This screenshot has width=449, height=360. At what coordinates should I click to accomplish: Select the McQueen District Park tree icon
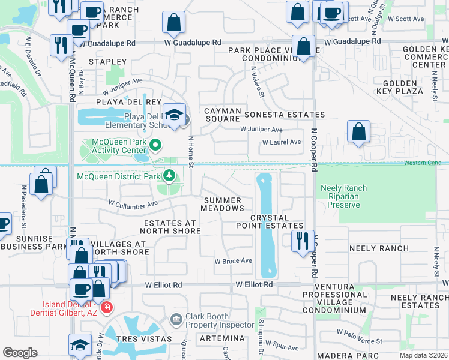point(170,176)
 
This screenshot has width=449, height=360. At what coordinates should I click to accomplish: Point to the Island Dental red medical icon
point(106,308)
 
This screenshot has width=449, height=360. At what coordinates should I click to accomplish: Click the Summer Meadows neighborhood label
point(223,204)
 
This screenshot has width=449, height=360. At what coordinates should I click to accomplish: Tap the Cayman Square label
point(222,115)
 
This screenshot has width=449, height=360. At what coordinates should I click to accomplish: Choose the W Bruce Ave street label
point(234,261)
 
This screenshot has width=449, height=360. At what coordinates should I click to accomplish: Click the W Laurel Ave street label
point(281,142)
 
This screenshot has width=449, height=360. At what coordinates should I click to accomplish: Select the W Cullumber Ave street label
point(133,203)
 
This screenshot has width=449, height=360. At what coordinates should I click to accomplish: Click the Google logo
point(20,353)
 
